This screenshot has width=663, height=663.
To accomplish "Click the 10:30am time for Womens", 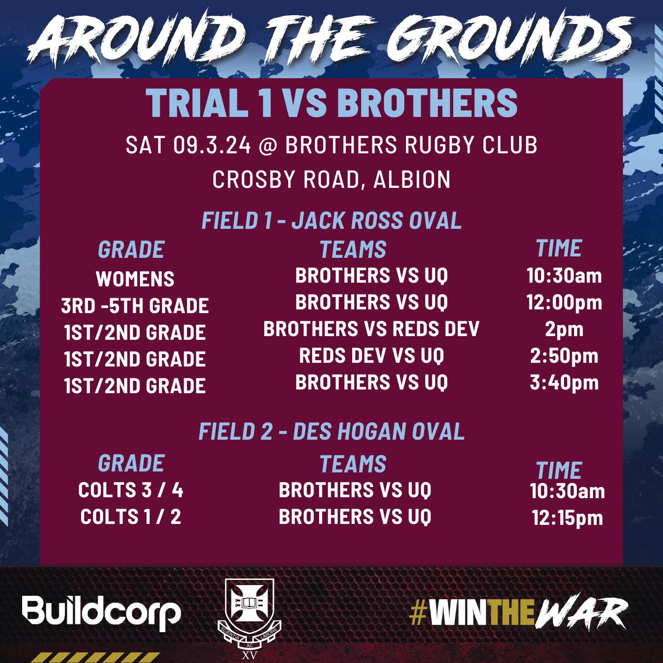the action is (564, 276).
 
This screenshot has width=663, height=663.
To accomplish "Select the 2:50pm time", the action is (564, 356).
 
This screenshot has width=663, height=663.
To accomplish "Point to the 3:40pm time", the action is (564, 383).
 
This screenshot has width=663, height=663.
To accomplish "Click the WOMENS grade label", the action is (135, 279).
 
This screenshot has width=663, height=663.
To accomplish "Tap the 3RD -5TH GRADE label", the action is (135, 306).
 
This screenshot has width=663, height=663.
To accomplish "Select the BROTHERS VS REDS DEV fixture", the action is (371, 329).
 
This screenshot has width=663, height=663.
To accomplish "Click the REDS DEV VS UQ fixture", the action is (371, 355).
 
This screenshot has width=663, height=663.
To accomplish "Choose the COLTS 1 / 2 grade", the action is (131, 517).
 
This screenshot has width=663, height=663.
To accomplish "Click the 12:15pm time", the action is (567, 518).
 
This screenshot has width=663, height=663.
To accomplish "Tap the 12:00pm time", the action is (564, 303).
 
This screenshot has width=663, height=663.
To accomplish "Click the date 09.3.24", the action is (212, 145).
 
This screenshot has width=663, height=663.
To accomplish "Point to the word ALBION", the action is (412, 179).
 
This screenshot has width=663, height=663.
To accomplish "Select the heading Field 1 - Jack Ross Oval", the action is (331, 221).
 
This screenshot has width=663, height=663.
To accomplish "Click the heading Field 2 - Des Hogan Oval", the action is (331, 431).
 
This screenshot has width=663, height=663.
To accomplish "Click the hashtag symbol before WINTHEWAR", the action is (419, 614).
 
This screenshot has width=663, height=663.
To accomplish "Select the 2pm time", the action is (564, 330).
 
